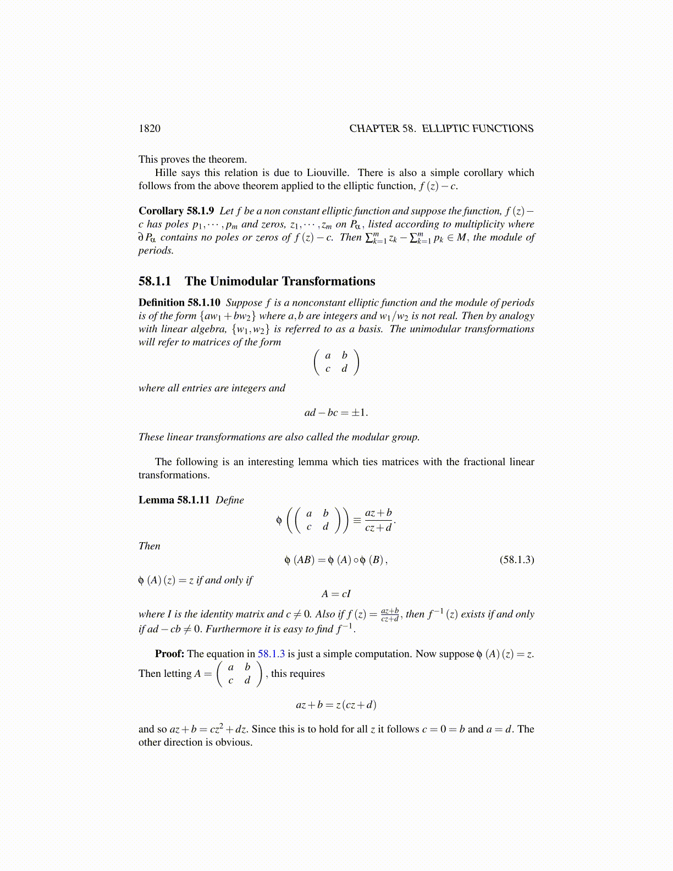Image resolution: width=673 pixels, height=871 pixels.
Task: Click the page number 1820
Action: click(150, 129)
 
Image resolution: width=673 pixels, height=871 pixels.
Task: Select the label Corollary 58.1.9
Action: click(176, 211)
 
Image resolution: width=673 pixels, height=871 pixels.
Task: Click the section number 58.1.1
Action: click(155, 282)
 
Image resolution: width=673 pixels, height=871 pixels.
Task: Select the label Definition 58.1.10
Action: click(179, 302)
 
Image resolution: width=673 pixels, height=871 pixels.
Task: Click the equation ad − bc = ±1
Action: click(336, 412)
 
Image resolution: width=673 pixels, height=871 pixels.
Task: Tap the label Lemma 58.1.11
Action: click(174, 500)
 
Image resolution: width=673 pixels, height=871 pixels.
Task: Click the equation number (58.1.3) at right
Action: click(516, 560)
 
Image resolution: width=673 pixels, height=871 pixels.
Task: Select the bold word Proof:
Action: click(169, 654)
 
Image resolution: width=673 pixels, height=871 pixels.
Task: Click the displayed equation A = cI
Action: click(336, 594)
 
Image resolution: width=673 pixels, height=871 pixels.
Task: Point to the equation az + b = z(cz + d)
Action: click(336, 705)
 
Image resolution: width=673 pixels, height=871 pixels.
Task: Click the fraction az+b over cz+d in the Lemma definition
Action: click(378, 520)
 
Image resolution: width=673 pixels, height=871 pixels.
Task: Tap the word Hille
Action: click(167, 173)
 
